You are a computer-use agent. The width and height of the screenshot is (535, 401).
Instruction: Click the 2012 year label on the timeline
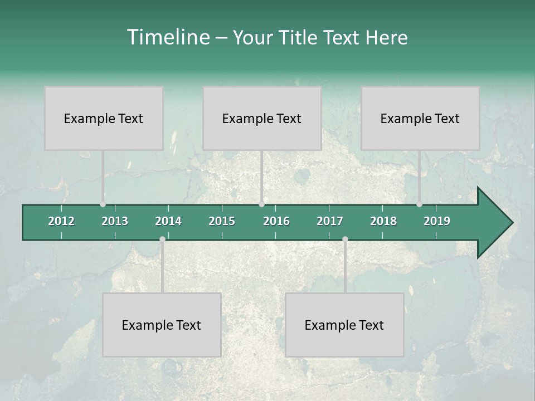point(61,221)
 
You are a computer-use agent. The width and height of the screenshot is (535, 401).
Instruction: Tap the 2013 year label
point(115,221)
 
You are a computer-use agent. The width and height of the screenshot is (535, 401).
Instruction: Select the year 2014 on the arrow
point(168,221)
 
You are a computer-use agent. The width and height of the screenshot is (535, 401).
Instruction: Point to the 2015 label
point(222,221)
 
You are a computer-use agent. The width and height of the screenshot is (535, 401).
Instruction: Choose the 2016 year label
point(276,221)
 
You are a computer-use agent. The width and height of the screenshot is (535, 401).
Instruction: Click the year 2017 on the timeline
point(330,221)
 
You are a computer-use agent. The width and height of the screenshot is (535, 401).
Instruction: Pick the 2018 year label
point(383,221)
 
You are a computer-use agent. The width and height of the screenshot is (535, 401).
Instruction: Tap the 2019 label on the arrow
point(437,221)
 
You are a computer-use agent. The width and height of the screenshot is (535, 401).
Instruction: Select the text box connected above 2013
point(104,118)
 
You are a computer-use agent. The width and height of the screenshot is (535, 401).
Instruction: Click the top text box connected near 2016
point(262,118)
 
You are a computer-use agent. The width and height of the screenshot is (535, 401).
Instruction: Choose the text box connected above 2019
point(420,118)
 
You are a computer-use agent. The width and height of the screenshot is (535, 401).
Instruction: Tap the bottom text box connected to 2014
point(162,325)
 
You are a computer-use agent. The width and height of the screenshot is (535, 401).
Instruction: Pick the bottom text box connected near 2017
point(344,325)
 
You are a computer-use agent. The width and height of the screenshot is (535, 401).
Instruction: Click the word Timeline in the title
point(168,37)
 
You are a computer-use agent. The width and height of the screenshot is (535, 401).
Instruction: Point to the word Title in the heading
point(300,37)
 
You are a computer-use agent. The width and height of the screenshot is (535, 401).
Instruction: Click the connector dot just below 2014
point(162,239)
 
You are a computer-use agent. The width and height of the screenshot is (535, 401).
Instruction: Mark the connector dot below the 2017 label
point(345,239)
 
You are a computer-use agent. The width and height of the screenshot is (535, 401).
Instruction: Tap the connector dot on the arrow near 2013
point(103,204)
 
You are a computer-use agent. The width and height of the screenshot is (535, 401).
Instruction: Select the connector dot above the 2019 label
point(419,204)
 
